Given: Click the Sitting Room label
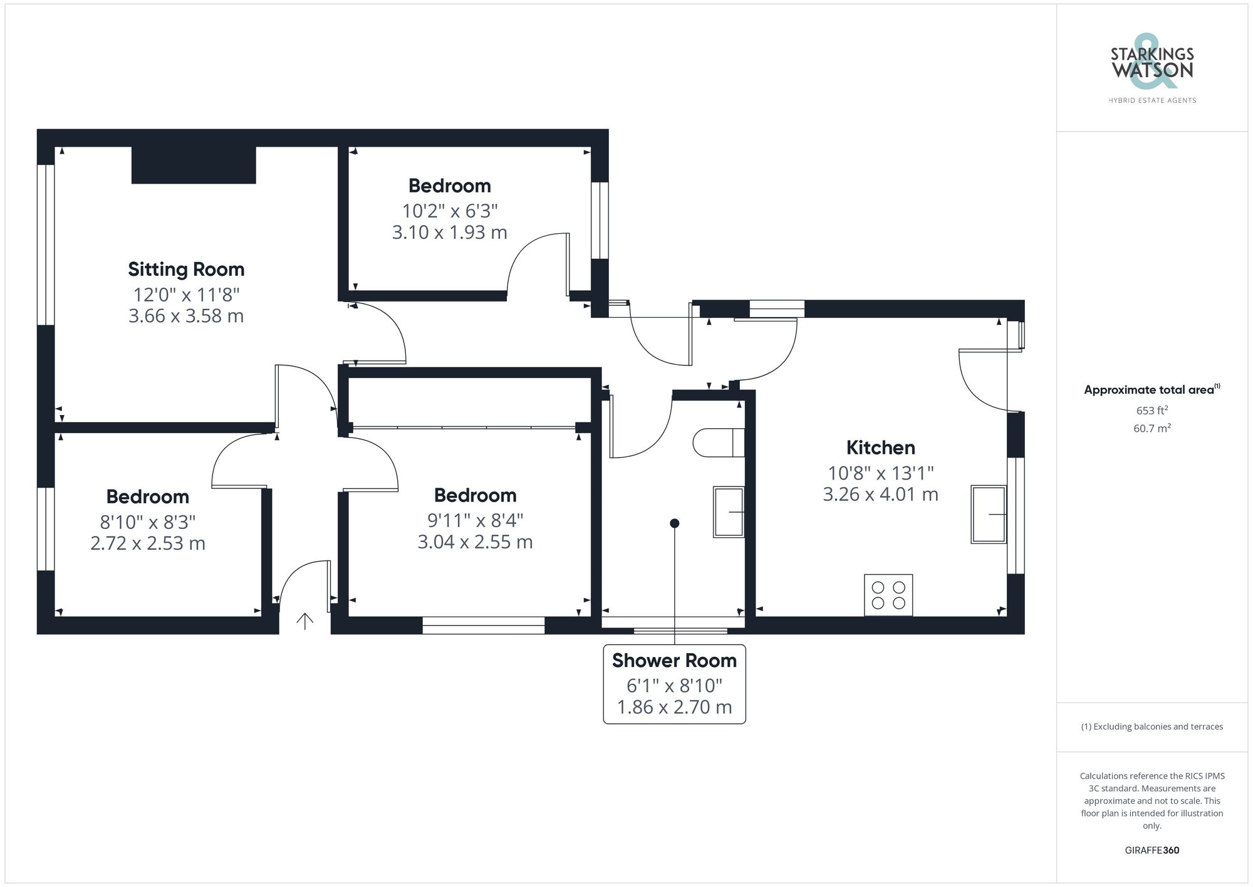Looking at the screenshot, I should (x=186, y=270).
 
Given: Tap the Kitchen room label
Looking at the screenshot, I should (x=880, y=448).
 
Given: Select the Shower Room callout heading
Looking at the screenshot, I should (x=674, y=661).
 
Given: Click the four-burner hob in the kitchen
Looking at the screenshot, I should (x=888, y=595).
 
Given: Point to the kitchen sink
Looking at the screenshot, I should (x=989, y=514).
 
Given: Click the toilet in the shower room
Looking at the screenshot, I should (x=718, y=443).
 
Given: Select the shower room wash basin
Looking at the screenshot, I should (x=729, y=512).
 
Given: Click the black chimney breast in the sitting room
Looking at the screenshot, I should (x=194, y=165).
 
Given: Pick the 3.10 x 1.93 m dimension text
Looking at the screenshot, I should (x=449, y=233).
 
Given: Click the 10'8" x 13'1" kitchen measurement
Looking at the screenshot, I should (x=880, y=473).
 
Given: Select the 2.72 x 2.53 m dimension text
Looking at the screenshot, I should (x=148, y=543).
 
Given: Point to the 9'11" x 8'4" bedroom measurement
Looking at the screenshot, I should (x=475, y=520).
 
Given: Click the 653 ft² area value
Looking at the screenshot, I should (x=1152, y=411).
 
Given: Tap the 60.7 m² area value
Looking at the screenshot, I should (x=1152, y=429).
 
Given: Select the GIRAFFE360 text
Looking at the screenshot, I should (x=1152, y=851).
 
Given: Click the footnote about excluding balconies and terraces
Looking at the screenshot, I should (x=1152, y=727).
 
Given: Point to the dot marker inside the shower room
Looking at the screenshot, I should (x=674, y=523).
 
